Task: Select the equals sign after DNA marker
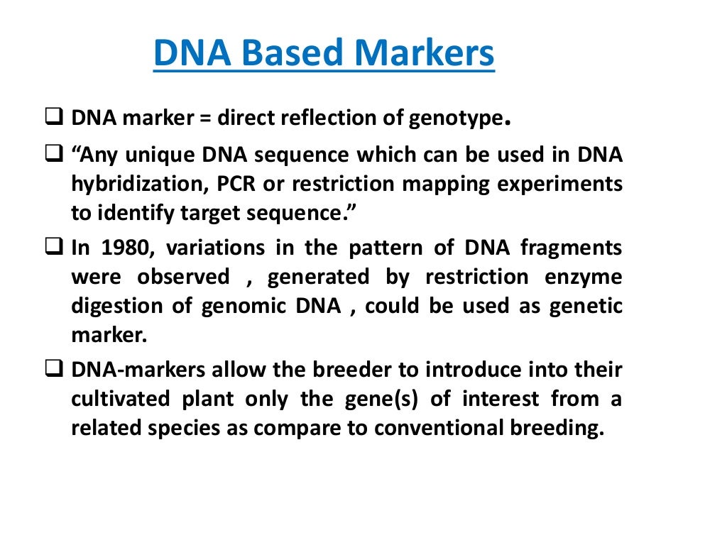pos(205,118)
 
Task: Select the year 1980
pos(118,248)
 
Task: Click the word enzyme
pos(582,277)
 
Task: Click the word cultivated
pos(121,399)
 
